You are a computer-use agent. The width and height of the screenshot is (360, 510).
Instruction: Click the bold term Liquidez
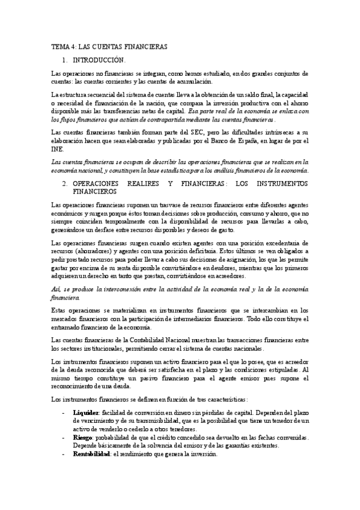point(85,414)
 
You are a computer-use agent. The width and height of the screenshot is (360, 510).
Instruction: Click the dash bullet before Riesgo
point(64,438)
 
